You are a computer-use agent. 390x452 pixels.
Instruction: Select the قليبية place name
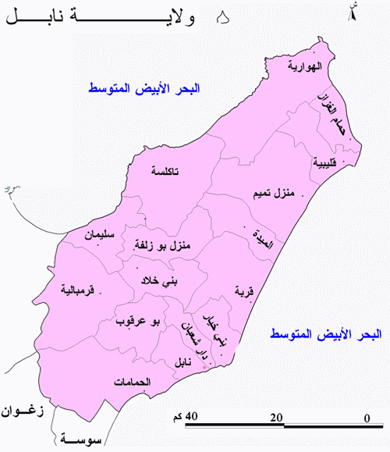(x=324, y=163)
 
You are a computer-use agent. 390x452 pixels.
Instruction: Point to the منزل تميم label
(x=273, y=193)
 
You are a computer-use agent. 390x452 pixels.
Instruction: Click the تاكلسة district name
(x=165, y=171)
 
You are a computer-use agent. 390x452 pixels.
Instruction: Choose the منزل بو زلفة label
(x=165, y=247)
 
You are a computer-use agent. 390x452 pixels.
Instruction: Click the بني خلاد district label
(x=159, y=280)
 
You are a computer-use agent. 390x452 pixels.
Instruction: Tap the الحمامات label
(x=131, y=382)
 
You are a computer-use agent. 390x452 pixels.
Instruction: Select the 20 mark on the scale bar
(x=275, y=418)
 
